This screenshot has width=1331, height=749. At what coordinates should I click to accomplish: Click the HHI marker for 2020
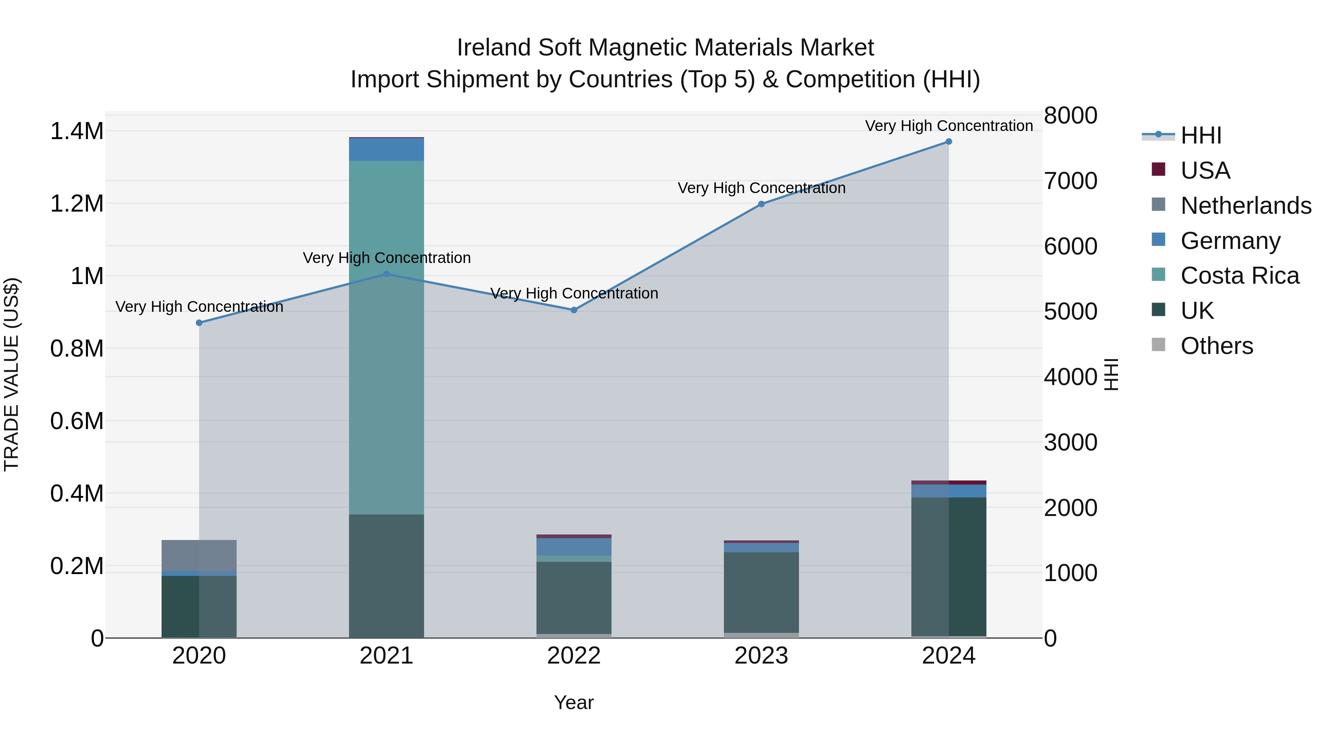199,323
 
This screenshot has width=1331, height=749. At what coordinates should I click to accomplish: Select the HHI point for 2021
386,274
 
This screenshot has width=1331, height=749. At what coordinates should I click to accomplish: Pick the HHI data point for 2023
761,204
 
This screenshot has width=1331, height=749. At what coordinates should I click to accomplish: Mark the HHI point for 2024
949,142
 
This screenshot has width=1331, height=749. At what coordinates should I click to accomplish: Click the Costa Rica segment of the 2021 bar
386,336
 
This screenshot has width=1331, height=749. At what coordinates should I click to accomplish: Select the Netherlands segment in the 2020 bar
199,555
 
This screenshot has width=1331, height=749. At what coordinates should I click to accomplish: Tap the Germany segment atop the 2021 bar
386,149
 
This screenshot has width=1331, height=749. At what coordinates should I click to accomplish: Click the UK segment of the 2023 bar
761,592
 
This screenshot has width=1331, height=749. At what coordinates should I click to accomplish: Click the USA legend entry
1205,171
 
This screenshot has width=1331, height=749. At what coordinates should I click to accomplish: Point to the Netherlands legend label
1246,206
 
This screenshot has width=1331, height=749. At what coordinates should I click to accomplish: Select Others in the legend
1216,346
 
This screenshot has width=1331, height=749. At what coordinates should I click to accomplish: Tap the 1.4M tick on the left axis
77,131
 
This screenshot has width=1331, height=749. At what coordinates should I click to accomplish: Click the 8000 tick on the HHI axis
1070,115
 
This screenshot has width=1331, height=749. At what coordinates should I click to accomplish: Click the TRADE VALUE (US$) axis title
11,374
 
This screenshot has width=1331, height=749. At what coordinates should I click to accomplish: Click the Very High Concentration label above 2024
949,126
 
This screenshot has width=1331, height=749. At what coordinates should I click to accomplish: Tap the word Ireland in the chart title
494,48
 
